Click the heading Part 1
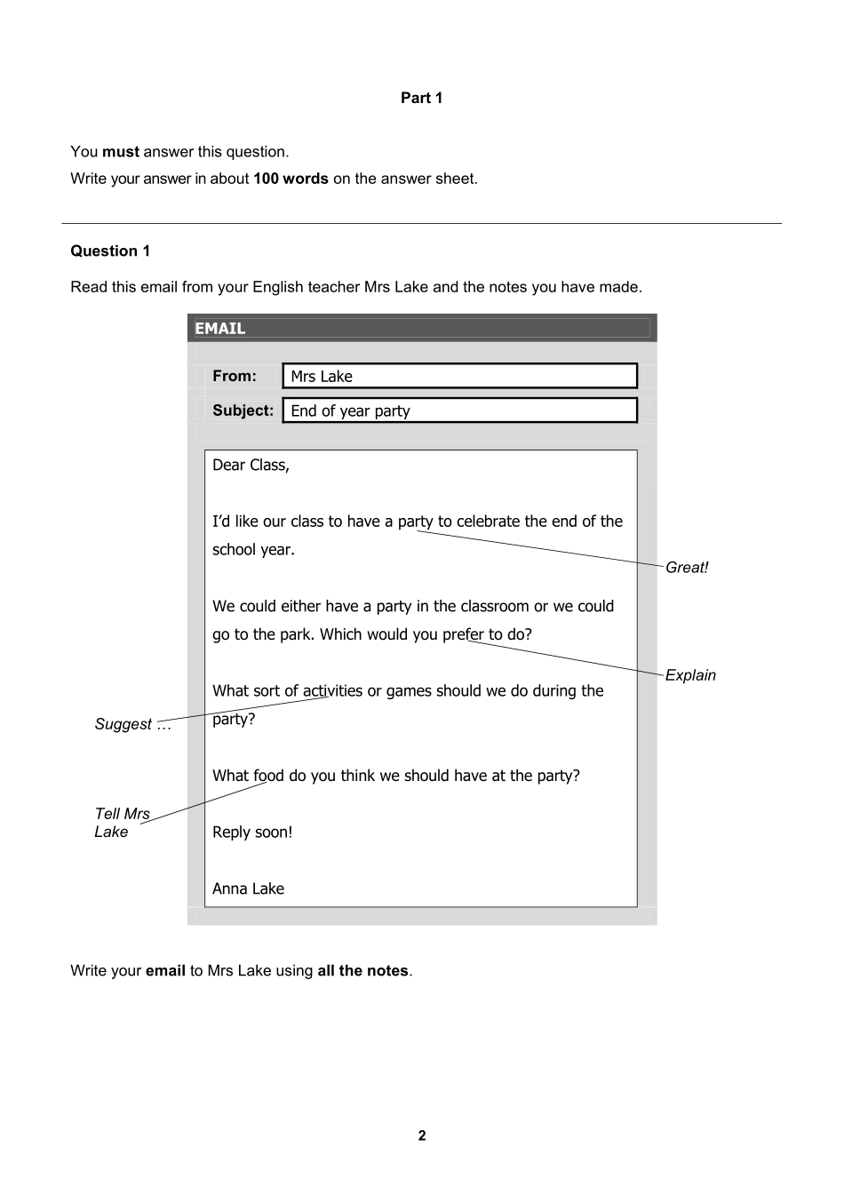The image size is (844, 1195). point(421,98)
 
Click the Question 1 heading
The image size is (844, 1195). point(110,251)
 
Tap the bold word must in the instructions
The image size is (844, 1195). point(121,152)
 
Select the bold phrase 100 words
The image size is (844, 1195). point(291,179)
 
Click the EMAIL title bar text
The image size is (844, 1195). point(219,329)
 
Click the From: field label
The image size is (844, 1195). point(235,376)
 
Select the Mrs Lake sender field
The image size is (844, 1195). point(459,377)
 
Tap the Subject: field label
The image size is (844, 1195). point(243,410)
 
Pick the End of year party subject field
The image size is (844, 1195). point(459,410)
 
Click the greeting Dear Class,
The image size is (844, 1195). point(251,465)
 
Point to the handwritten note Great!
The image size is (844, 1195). point(687,568)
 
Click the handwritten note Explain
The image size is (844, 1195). point(690,675)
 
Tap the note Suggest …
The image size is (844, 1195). point(132,724)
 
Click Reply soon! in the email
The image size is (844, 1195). point(252,833)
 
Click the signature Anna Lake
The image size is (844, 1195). point(248,888)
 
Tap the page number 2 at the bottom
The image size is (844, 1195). point(422,1135)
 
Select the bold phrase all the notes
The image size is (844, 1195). point(362,971)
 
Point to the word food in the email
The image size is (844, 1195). point(267,776)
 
